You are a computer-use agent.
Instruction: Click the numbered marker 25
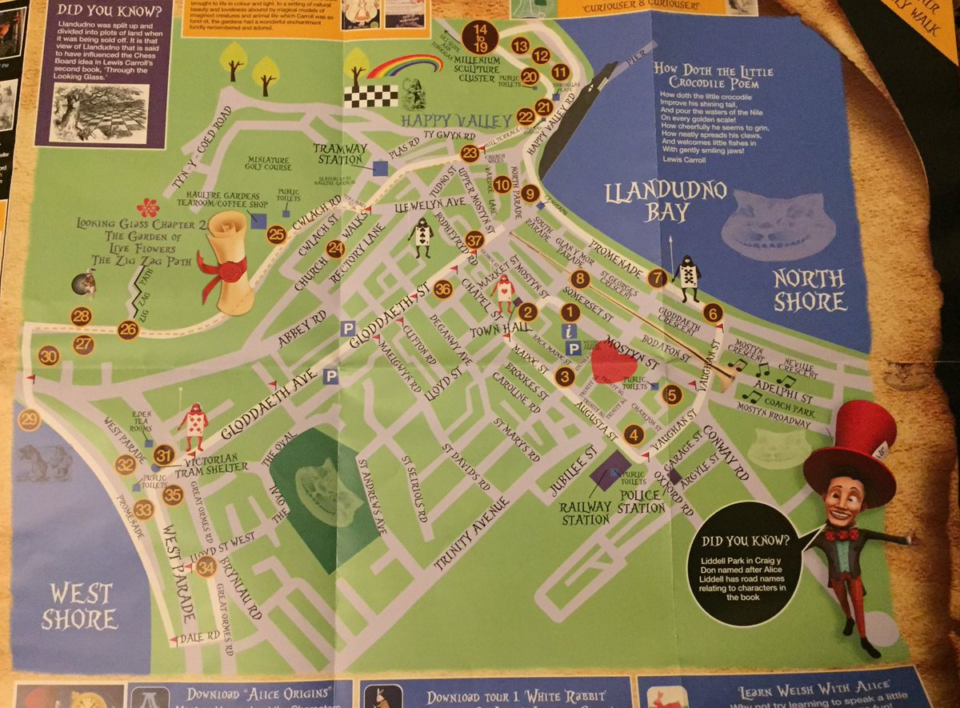pos(277,234)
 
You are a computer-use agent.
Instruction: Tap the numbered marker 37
pos(475,239)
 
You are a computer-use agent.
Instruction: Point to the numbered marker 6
pos(713,313)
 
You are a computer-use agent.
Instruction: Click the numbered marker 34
pos(206,567)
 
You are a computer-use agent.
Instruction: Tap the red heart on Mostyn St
pos(614,361)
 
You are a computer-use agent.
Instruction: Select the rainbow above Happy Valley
pos(405,67)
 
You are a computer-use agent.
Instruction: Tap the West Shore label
pos(79,606)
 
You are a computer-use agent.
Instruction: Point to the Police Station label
pos(640,502)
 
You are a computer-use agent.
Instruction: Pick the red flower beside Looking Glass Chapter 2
pos(148,207)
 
